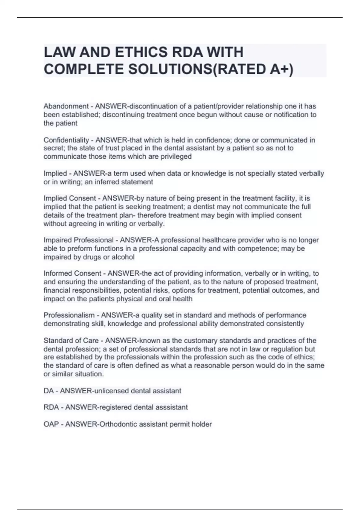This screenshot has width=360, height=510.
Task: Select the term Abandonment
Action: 66,106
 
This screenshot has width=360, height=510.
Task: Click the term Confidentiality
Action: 66,140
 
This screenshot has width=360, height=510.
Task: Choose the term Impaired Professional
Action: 79,240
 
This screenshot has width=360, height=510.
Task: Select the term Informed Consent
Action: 72,274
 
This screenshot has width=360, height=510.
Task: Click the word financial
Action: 57,290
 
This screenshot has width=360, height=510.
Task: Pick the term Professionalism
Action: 69,315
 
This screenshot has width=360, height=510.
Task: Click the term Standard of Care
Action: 71,341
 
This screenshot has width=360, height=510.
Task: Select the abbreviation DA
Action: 49,391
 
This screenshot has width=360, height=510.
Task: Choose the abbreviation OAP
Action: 51,424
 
